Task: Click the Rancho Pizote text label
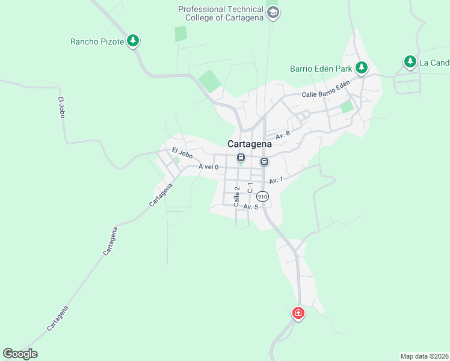click(97, 42)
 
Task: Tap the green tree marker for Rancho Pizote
click(133, 41)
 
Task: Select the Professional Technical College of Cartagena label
click(221, 13)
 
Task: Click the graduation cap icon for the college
click(273, 13)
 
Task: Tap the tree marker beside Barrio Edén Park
click(361, 67)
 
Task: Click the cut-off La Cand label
click(434, 63)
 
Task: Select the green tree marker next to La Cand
click(410, 61)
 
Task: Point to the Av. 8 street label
click(283, 135)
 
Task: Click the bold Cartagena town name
click(249, 144)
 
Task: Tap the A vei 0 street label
click(208, 167)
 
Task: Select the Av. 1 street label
click(276, 180)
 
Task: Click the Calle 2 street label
click(237, 197)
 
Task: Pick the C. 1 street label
click(250, 188)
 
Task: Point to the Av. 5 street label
click(251, 207)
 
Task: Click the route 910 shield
click(262, 197)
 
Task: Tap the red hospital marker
click(298, 313)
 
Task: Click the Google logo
click(20, 354)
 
